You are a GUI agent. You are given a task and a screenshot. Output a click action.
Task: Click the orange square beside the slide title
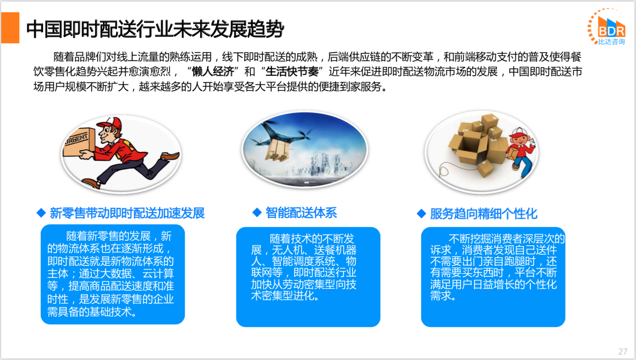coord(10,27)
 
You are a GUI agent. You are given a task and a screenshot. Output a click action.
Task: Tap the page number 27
coord(623,351)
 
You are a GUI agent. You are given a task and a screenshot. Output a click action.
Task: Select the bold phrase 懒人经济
coord(213,72)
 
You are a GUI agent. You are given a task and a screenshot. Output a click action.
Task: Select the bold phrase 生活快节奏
coord(292,72)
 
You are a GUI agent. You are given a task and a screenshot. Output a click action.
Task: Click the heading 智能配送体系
coord(301,213)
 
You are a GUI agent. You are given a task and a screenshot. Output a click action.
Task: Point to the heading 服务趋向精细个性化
coord(484,214)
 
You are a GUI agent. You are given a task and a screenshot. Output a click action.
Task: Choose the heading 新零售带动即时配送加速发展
coord(127,213)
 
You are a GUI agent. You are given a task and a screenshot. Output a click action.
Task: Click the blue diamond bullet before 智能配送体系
coord(257,212)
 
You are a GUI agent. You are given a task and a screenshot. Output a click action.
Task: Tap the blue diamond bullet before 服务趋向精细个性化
coord(421,213)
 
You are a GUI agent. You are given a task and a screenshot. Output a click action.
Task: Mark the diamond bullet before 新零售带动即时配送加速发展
coord(41,213)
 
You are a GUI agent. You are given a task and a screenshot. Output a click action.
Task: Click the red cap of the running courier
coord(111,123)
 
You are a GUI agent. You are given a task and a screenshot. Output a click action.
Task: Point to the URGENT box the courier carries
coord(79,142)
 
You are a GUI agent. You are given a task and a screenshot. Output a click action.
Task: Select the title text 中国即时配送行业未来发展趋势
coord(155,29)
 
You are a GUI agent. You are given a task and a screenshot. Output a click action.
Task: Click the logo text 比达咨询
coord(612,41)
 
